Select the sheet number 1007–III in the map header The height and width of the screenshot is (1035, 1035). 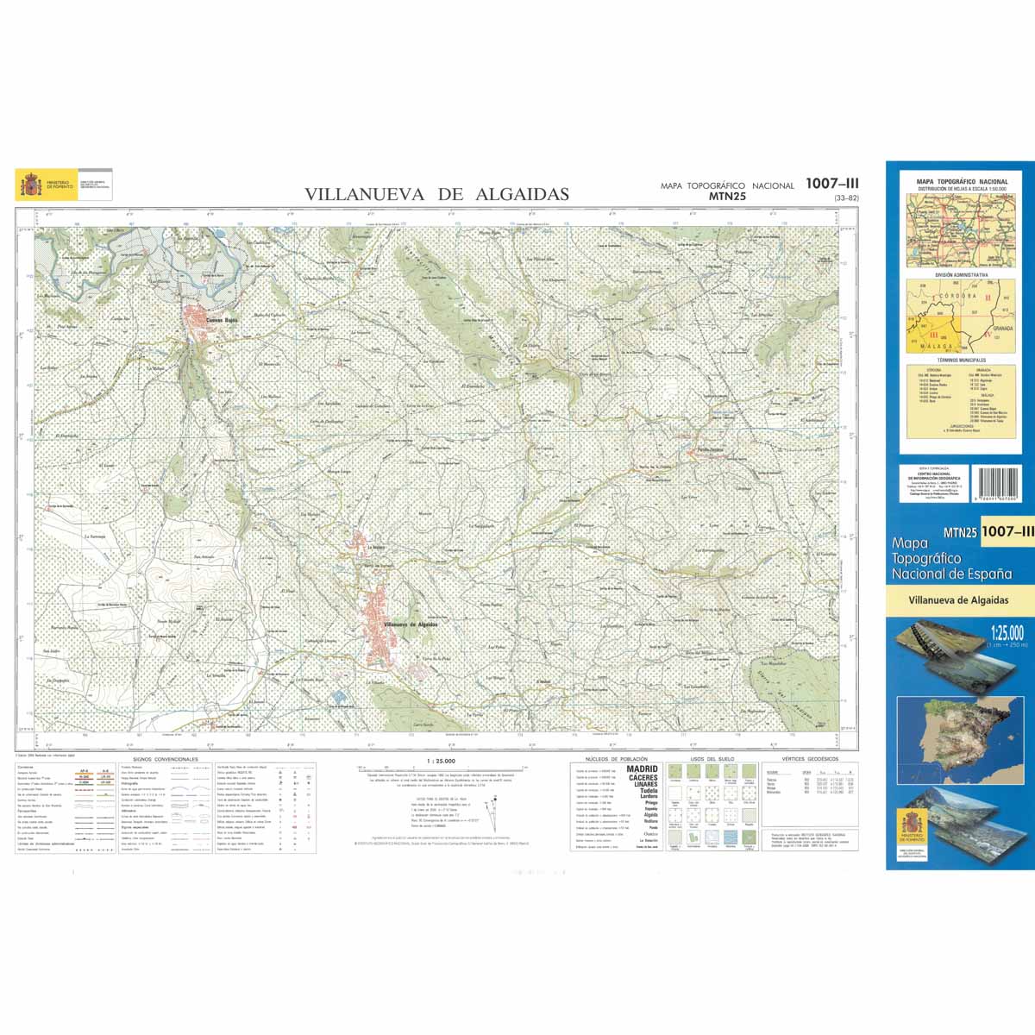click(x=831, y=183)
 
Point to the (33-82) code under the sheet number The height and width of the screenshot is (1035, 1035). click(x=845, y=199)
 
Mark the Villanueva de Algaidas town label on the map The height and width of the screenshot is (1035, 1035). click(x=410, y=624)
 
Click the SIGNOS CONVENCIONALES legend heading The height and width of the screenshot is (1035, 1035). click(x=165, y=759)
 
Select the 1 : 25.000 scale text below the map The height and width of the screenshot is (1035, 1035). click(x=441, y=761)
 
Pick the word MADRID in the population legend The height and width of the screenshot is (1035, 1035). click(x=642, y=768)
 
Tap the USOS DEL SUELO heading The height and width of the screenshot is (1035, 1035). click(x=712, y=759)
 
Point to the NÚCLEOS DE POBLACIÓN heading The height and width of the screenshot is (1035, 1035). click(x=615, y=759)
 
